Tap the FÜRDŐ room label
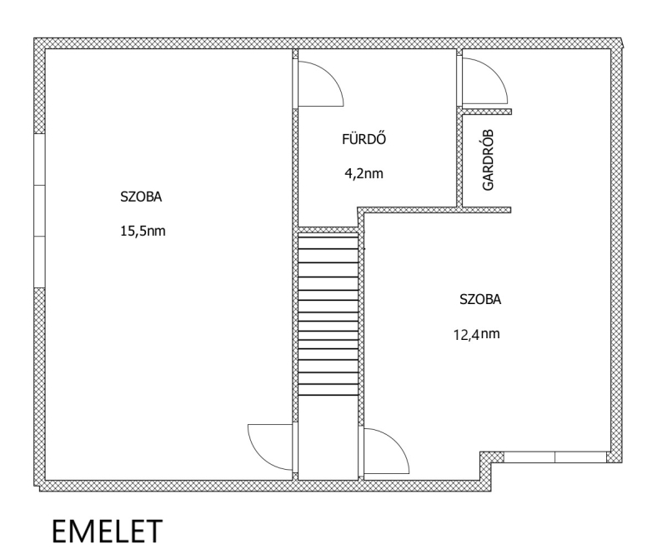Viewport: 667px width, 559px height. (364, 139)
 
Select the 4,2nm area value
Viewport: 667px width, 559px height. (364, 173)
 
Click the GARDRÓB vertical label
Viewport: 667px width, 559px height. (489, 160)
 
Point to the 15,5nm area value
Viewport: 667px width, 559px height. (143, 232)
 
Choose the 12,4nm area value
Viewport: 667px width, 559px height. (477, 335)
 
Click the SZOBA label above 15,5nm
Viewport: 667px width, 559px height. (141, 197)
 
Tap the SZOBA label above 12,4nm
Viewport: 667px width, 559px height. (480, 300)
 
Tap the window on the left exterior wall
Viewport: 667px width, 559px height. (39, 211)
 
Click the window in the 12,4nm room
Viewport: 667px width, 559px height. (554, 457)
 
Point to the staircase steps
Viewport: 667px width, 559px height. (328, 316)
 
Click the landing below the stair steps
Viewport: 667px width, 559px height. (328, 438)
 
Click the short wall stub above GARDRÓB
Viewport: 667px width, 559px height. (487, 112)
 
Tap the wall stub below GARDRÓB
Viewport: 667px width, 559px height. (487, 210)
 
